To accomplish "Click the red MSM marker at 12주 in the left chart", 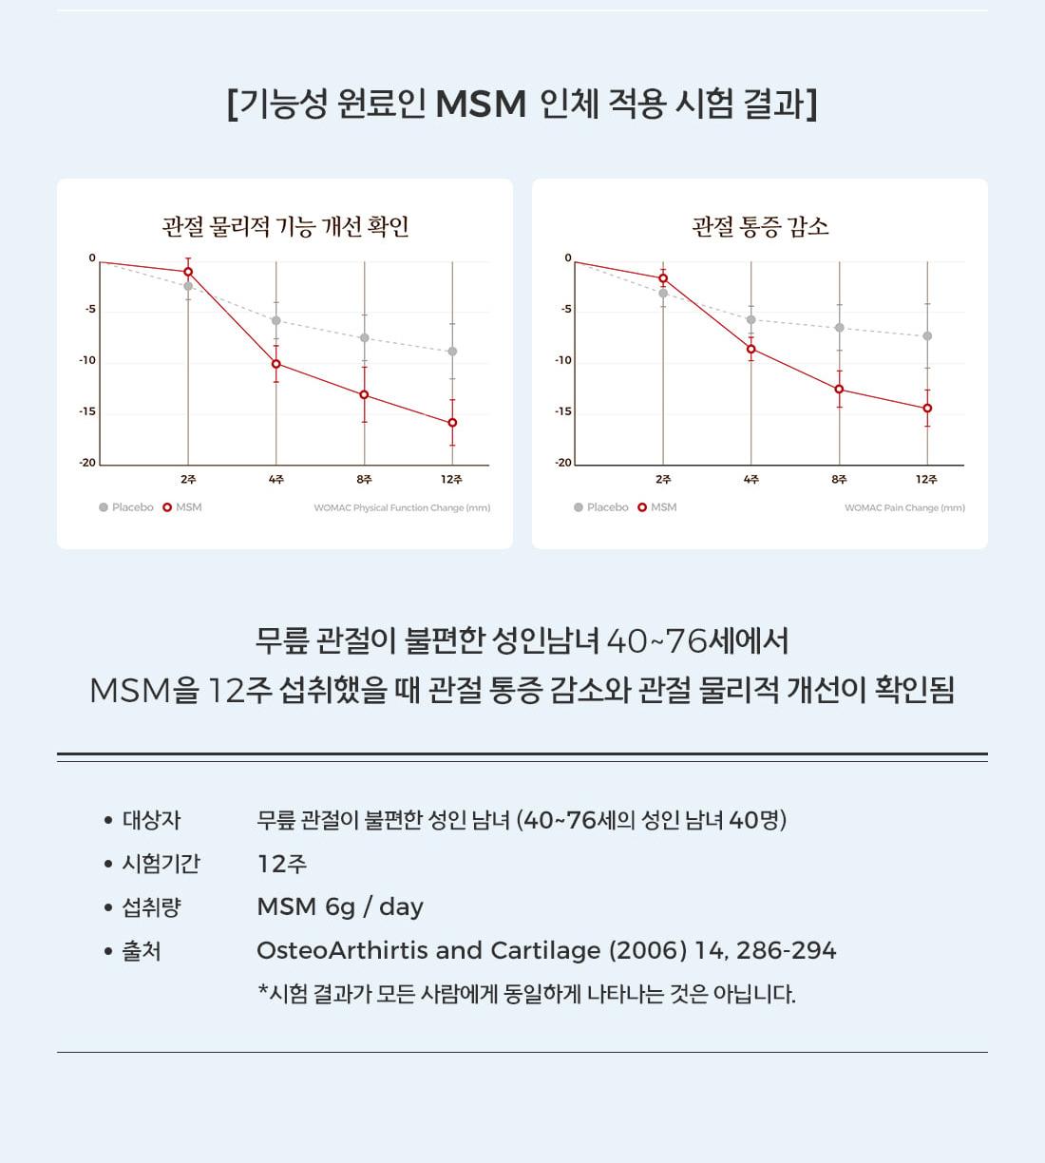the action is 452,423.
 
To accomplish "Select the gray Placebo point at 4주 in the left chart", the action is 276,320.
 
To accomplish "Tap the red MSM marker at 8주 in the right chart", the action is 839,389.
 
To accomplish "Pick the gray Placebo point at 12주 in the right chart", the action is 927,336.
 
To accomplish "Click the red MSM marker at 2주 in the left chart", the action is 188,272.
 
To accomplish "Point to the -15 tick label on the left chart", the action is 87,411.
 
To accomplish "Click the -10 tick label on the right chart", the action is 563,360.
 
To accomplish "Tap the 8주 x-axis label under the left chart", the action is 364,480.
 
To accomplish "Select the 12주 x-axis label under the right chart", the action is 926,480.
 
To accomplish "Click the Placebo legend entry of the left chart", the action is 126,507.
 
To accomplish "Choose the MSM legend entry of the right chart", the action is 657,507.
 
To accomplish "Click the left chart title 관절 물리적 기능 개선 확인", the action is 285,226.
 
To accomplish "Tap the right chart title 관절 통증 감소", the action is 760,226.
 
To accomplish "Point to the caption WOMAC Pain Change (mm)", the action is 904,508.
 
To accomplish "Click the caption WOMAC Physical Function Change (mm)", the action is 402,508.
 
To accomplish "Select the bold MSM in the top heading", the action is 481,105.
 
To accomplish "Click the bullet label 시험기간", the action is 161,864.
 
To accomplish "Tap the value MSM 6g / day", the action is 340,906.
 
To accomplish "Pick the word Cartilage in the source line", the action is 545,950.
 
